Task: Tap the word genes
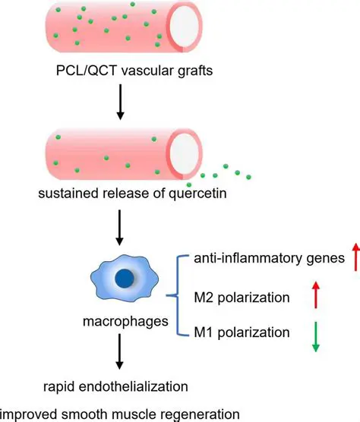coord(319,258)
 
